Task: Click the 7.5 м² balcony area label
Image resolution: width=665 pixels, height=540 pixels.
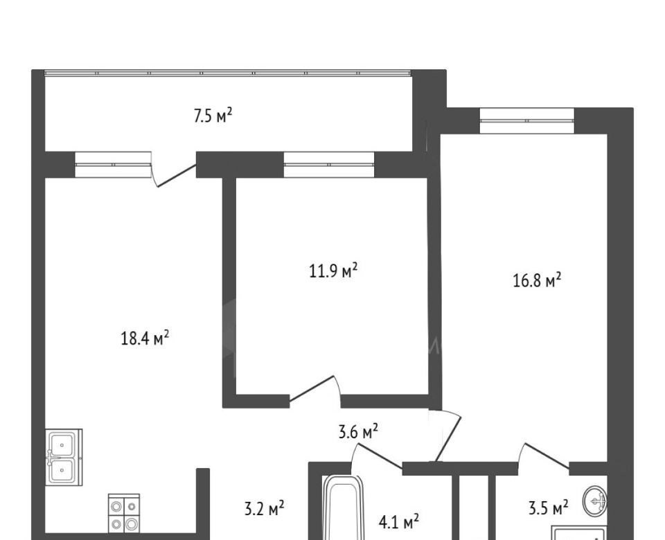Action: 213,116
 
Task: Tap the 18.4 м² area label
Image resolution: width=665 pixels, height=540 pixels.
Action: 145,339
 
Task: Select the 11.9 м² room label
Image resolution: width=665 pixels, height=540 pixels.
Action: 333,271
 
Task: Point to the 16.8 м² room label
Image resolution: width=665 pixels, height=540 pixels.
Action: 537,280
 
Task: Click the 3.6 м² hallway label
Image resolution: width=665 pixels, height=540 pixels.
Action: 358,432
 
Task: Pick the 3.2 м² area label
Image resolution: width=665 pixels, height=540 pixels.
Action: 264,508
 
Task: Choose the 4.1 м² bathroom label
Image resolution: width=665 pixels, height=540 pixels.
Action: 399,522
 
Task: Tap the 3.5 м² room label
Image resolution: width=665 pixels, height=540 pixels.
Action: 549,507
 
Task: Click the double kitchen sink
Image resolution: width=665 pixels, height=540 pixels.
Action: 64,458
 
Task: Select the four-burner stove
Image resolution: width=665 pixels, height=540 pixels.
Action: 124,513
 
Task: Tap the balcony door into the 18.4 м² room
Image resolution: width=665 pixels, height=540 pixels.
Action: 174,170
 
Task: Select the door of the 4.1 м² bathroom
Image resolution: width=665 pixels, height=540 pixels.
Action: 377,456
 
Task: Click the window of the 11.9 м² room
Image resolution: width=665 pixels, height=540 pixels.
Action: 329,165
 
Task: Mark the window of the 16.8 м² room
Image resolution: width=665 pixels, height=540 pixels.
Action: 527,120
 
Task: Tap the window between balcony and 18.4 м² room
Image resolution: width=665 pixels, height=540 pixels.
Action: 113,164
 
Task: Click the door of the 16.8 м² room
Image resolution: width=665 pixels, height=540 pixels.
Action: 445,435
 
